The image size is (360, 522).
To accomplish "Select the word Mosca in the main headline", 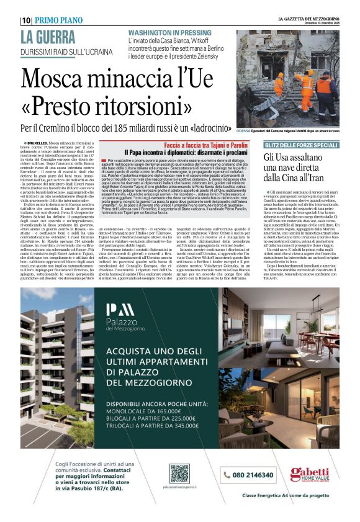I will [x=62, y=79].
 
